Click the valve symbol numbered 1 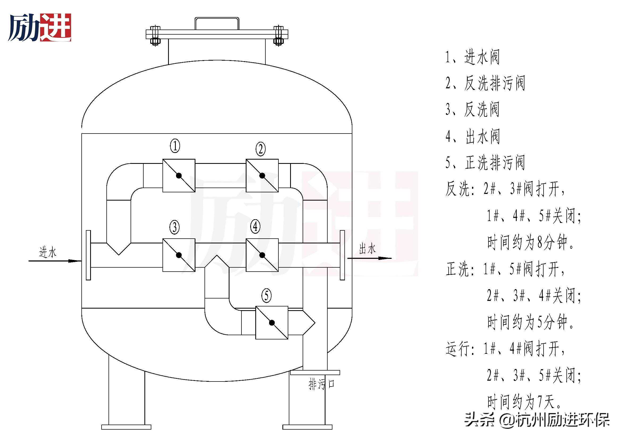click(179, 176)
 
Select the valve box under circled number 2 click(262, 176)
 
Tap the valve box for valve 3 click(179, 255)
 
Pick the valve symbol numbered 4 click(262, 255)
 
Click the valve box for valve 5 click(272, 322)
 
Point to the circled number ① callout click(175, 146)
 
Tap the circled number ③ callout click(174, 227)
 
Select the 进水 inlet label click(48, 252)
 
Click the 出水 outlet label click(367, 249)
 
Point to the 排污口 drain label click(321, 384)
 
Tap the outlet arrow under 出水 click(370, 258)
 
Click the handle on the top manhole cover click(217, 23)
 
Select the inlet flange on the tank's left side click(88, 255)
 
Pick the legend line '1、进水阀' click(473, 57)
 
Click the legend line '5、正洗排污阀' click(485, 163)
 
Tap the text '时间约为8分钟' click(530, 242)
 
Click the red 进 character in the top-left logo click(56, 28)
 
